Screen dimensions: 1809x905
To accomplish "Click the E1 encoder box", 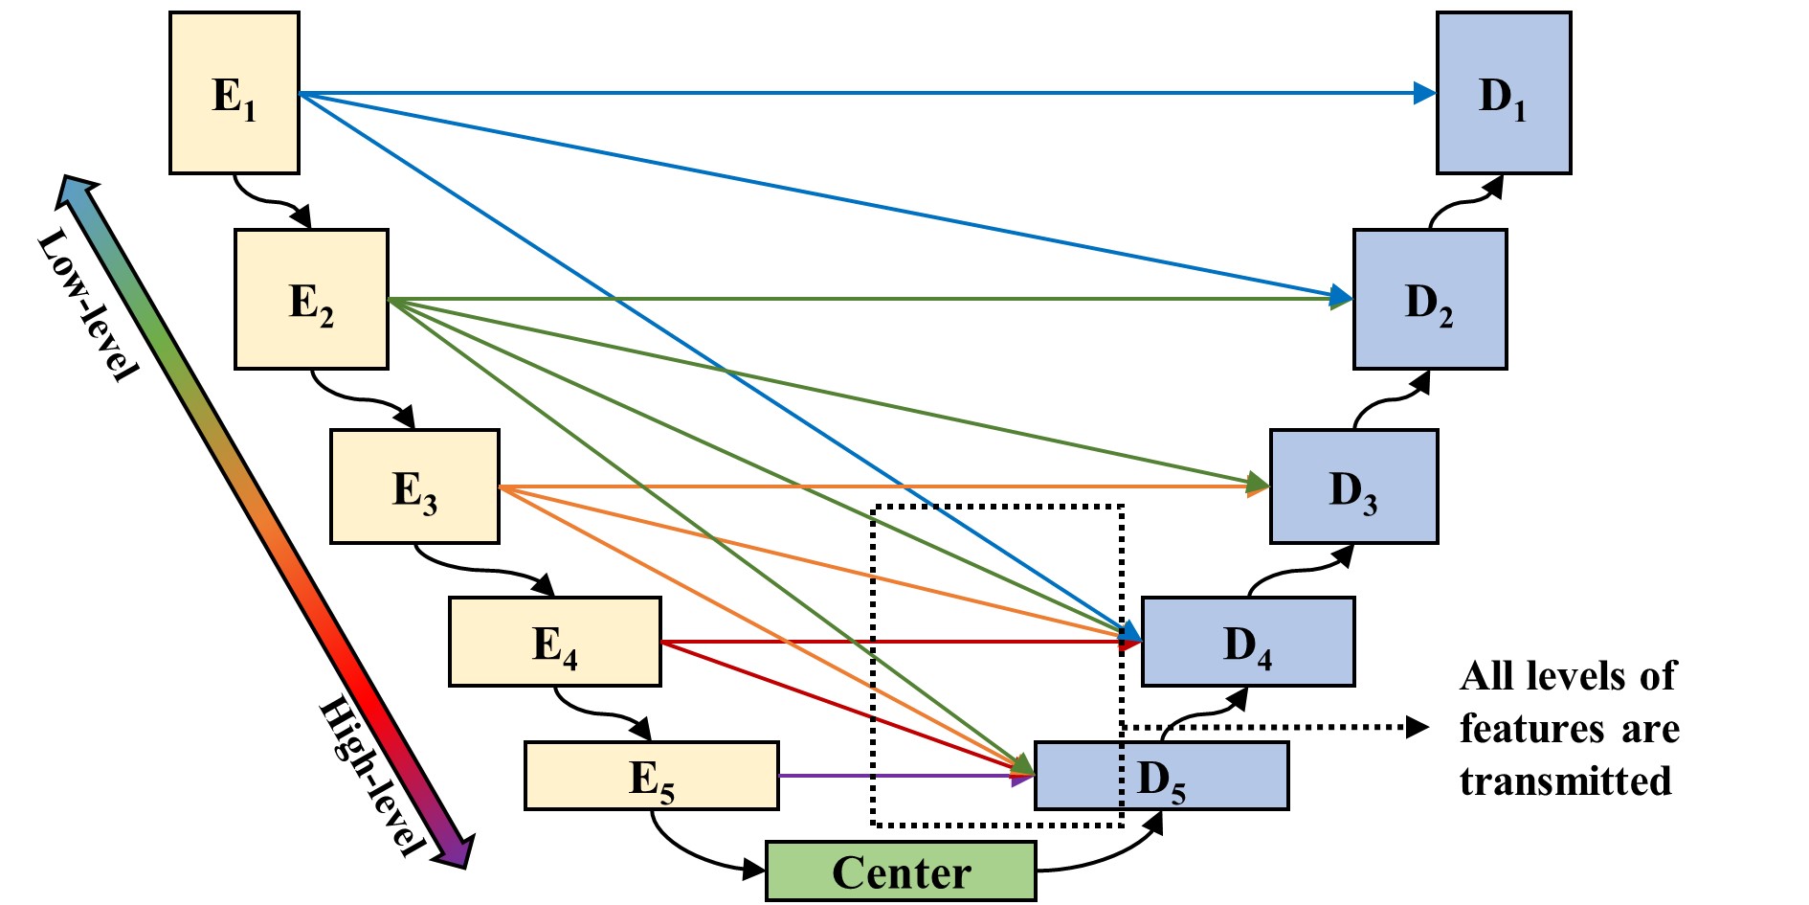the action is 234,93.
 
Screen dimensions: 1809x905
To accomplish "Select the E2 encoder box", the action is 312,299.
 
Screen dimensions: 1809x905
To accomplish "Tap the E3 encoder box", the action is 414,486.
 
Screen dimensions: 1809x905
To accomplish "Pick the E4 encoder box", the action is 555,642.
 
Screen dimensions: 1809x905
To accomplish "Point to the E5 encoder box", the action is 652,776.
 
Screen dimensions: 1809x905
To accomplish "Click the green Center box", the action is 901,871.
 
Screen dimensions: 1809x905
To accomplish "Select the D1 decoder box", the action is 1504,93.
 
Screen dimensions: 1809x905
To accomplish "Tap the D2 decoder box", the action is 1430,299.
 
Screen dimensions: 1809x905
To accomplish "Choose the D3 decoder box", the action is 1354,486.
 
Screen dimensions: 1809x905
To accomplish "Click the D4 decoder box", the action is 1248,642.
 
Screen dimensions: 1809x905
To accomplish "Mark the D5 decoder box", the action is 1162,776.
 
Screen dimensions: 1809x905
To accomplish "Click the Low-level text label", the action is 88,305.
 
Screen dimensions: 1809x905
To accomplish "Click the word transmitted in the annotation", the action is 1566,781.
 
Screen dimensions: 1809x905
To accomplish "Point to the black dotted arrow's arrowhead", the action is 1418,727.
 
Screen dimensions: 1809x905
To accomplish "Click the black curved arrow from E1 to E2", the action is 274,202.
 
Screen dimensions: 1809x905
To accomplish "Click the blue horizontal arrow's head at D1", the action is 1425,93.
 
